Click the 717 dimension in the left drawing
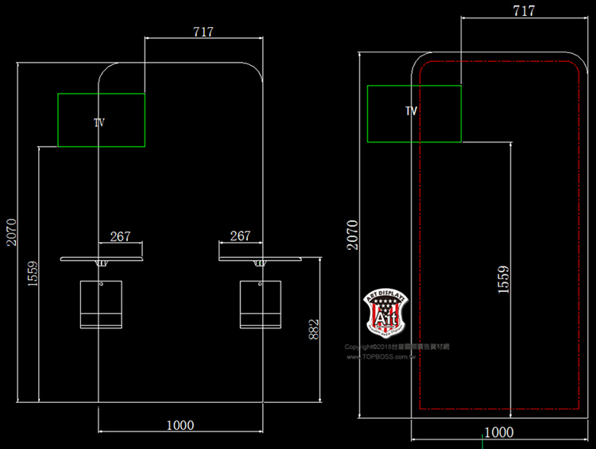[203, 32]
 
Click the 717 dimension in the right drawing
[524, 11]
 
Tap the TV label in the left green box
[99, 122]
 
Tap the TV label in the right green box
[411, 111]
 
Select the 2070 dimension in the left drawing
[10, 232]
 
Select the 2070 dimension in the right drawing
[352, 235]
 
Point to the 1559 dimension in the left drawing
[32, 275]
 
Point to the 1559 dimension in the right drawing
[503, 280]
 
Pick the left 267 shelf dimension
[120, 236]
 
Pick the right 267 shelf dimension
[240, 236]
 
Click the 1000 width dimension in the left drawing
[180, 425]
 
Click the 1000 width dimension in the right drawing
[498, 432]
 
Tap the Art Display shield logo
[385, 311]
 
